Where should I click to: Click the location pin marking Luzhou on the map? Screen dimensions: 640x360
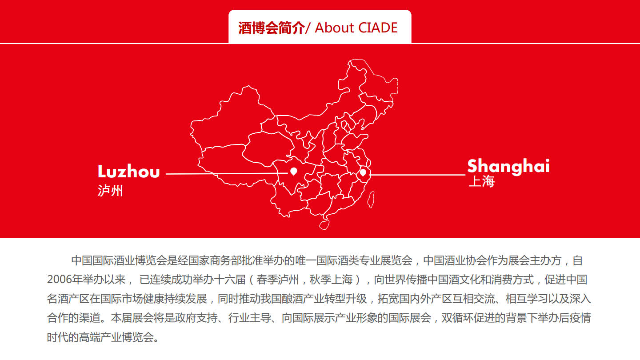[294, 171]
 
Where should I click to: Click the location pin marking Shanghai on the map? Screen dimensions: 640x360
[363, 172]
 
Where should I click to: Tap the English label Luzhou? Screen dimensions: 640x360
[128, 172]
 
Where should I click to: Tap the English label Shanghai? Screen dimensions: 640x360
[508, 166]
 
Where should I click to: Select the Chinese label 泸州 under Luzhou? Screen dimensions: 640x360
[110, 191]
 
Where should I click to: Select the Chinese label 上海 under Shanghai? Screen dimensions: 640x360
[482, 181]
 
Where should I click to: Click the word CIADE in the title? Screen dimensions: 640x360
[378, 28]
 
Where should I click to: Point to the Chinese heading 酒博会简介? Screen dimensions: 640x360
[272, 28]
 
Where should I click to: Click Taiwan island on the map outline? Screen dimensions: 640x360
[371, 200]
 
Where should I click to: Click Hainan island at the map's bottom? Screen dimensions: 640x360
[324, 225]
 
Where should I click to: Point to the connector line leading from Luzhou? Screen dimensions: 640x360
[227, 173]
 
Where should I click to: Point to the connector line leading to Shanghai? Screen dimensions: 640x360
[417, 175]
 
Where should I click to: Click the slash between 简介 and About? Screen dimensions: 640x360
[308, 28]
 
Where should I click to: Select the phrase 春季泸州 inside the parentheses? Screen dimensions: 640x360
[278, 280]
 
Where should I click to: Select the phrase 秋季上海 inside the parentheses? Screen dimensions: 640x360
[331, 280]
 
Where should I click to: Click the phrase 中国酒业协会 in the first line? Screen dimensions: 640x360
[456, 260]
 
